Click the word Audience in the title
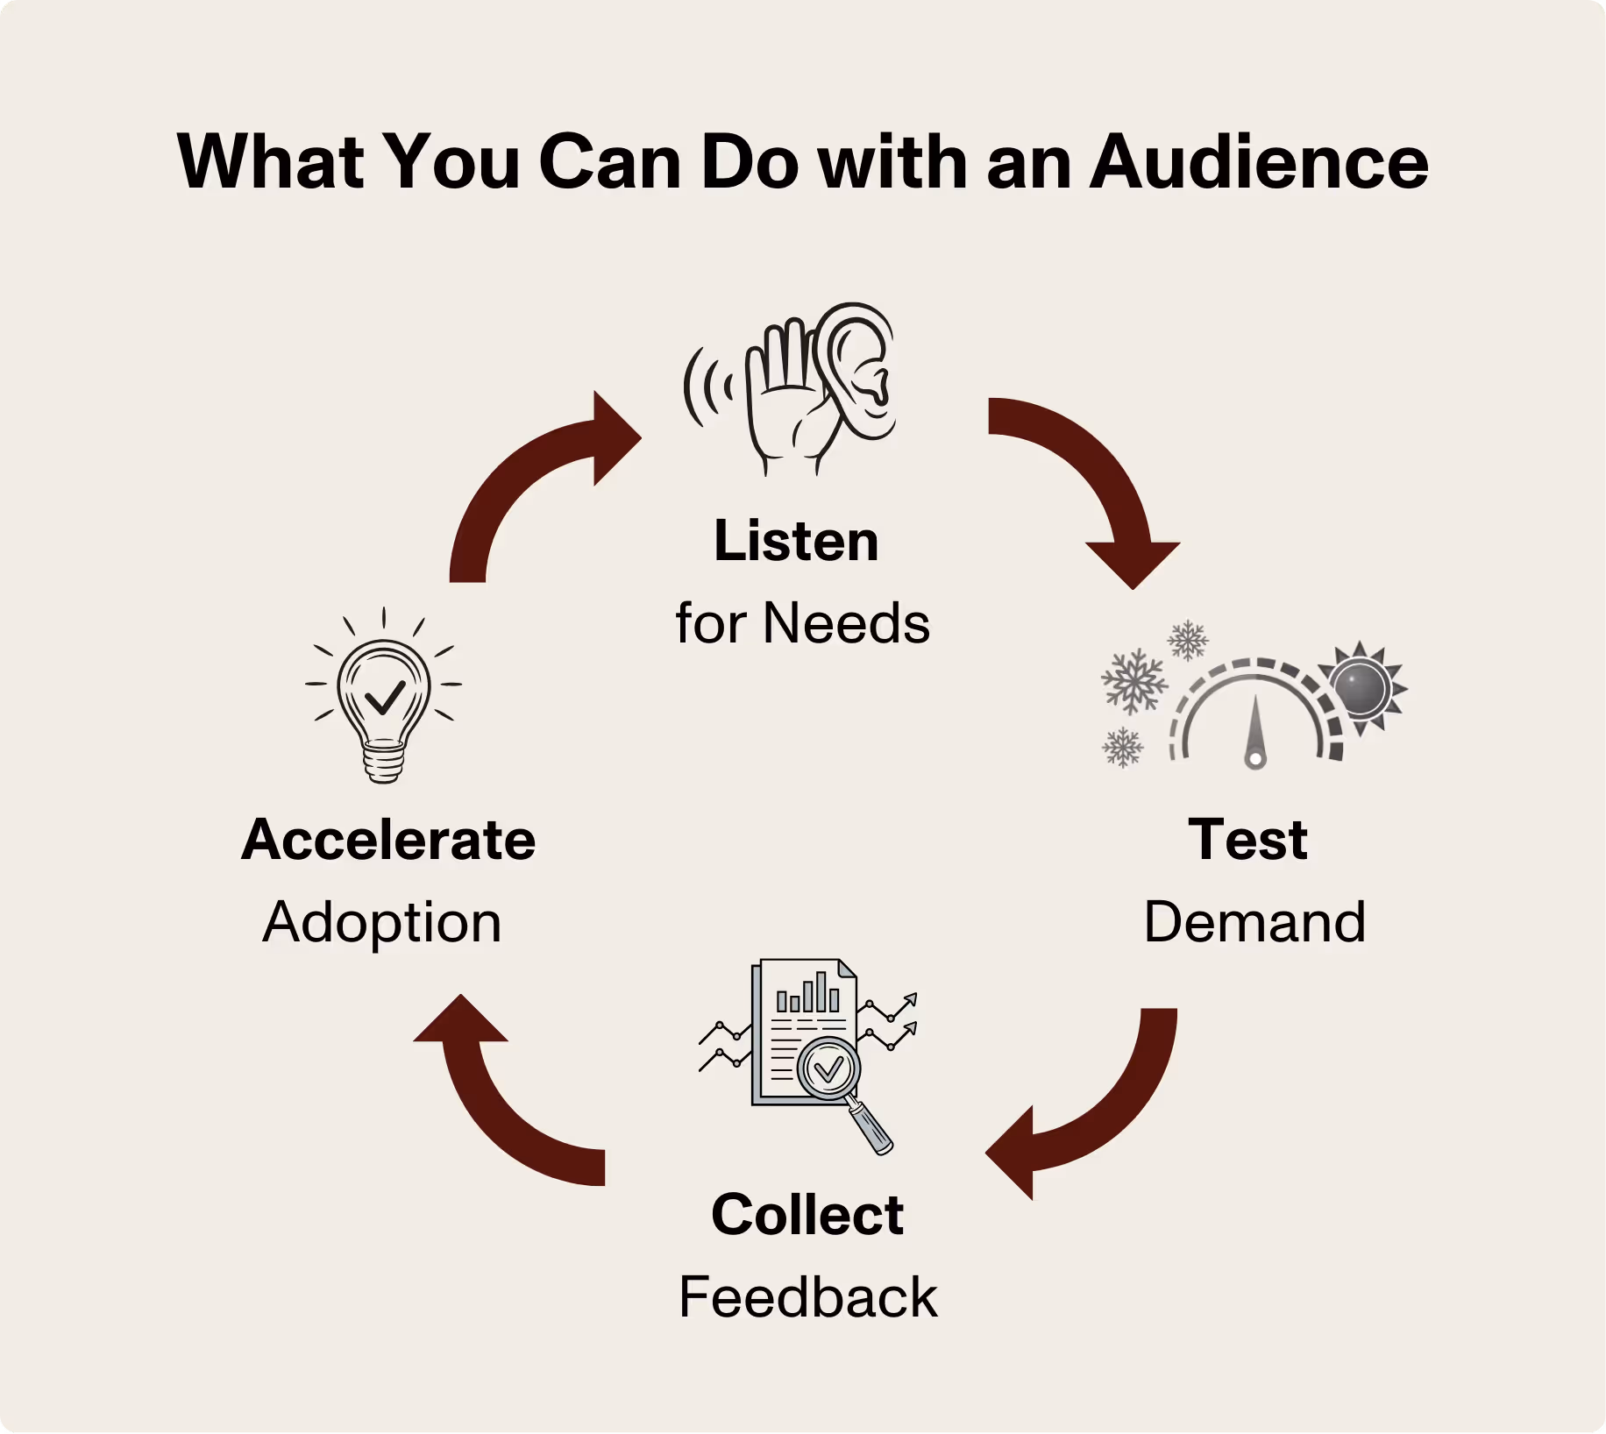1259,163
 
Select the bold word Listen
796,541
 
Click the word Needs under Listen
846,624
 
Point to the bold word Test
1247,840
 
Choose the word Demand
1254,922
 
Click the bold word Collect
807,1215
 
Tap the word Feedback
807,1297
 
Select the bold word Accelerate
388,840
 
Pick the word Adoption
382,922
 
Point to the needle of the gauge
1255,732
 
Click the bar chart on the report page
807,995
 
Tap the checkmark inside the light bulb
384,697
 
